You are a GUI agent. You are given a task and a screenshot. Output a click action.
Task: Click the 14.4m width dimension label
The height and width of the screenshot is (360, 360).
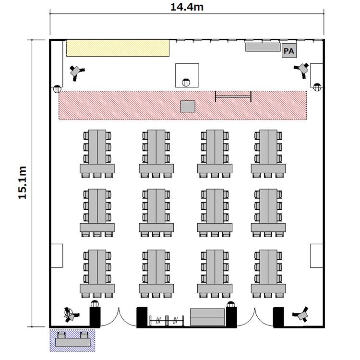click(187, 7)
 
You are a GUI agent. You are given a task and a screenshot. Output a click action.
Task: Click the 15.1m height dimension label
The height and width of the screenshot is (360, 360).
click(22, 183)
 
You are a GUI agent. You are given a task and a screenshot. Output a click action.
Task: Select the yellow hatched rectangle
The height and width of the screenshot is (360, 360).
click(118, 48)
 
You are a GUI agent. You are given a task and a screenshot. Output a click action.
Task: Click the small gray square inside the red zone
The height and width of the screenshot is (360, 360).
click(188, 106)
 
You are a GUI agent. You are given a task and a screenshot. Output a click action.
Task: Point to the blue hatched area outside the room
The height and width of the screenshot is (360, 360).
click(73, 340)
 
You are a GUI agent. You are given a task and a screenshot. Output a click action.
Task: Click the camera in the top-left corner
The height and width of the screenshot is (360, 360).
click(76, 72)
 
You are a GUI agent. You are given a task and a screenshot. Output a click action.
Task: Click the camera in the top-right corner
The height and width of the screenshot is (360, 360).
click(303, 69)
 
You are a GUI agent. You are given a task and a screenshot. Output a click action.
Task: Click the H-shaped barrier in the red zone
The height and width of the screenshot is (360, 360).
click(233, 96)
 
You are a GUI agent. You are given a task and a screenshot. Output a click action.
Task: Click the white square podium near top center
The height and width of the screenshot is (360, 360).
click(187, 74)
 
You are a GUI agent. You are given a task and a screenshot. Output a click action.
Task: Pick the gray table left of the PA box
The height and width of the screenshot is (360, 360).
click(263, 47)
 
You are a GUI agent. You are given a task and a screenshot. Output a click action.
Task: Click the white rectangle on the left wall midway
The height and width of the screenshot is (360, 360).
click(57, 256)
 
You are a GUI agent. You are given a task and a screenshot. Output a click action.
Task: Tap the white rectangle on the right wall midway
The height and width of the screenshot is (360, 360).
click(316, 256)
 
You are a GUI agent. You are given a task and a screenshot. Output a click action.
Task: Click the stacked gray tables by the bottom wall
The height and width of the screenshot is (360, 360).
click(207, 317)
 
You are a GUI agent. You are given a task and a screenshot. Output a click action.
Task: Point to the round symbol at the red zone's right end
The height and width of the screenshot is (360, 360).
click(317, 87)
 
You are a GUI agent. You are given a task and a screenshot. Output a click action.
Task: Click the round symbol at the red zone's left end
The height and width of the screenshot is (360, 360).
click(57, 89)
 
